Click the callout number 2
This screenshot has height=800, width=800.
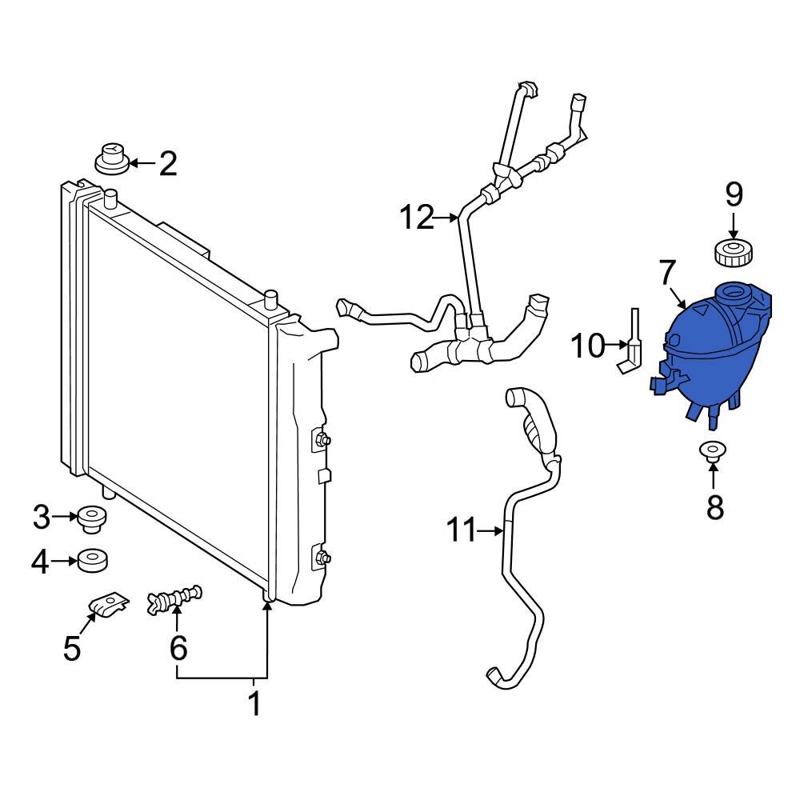167,164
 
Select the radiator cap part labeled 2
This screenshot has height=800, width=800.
112,158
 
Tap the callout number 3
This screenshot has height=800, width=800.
42,518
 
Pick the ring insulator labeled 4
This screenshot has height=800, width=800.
92,561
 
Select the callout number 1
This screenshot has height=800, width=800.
254,704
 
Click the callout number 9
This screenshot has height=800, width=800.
734,194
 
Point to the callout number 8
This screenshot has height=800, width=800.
714,506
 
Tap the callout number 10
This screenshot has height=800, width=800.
588,346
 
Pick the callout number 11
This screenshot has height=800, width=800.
462,530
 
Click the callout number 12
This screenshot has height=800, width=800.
416,217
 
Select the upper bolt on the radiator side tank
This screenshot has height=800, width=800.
322,439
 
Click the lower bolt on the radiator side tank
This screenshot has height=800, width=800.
322,558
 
